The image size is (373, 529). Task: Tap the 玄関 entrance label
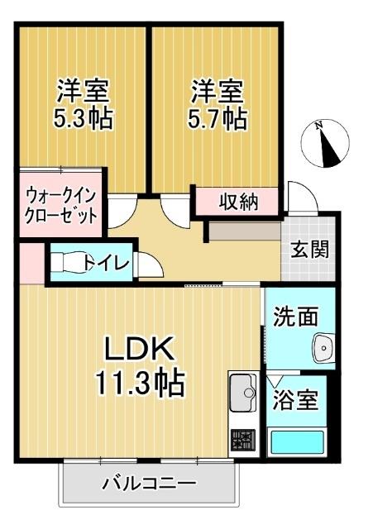[x=310, y=249]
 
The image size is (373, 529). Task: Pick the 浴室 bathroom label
[x=297, y=401]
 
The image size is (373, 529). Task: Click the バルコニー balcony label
[x=149, y=483]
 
